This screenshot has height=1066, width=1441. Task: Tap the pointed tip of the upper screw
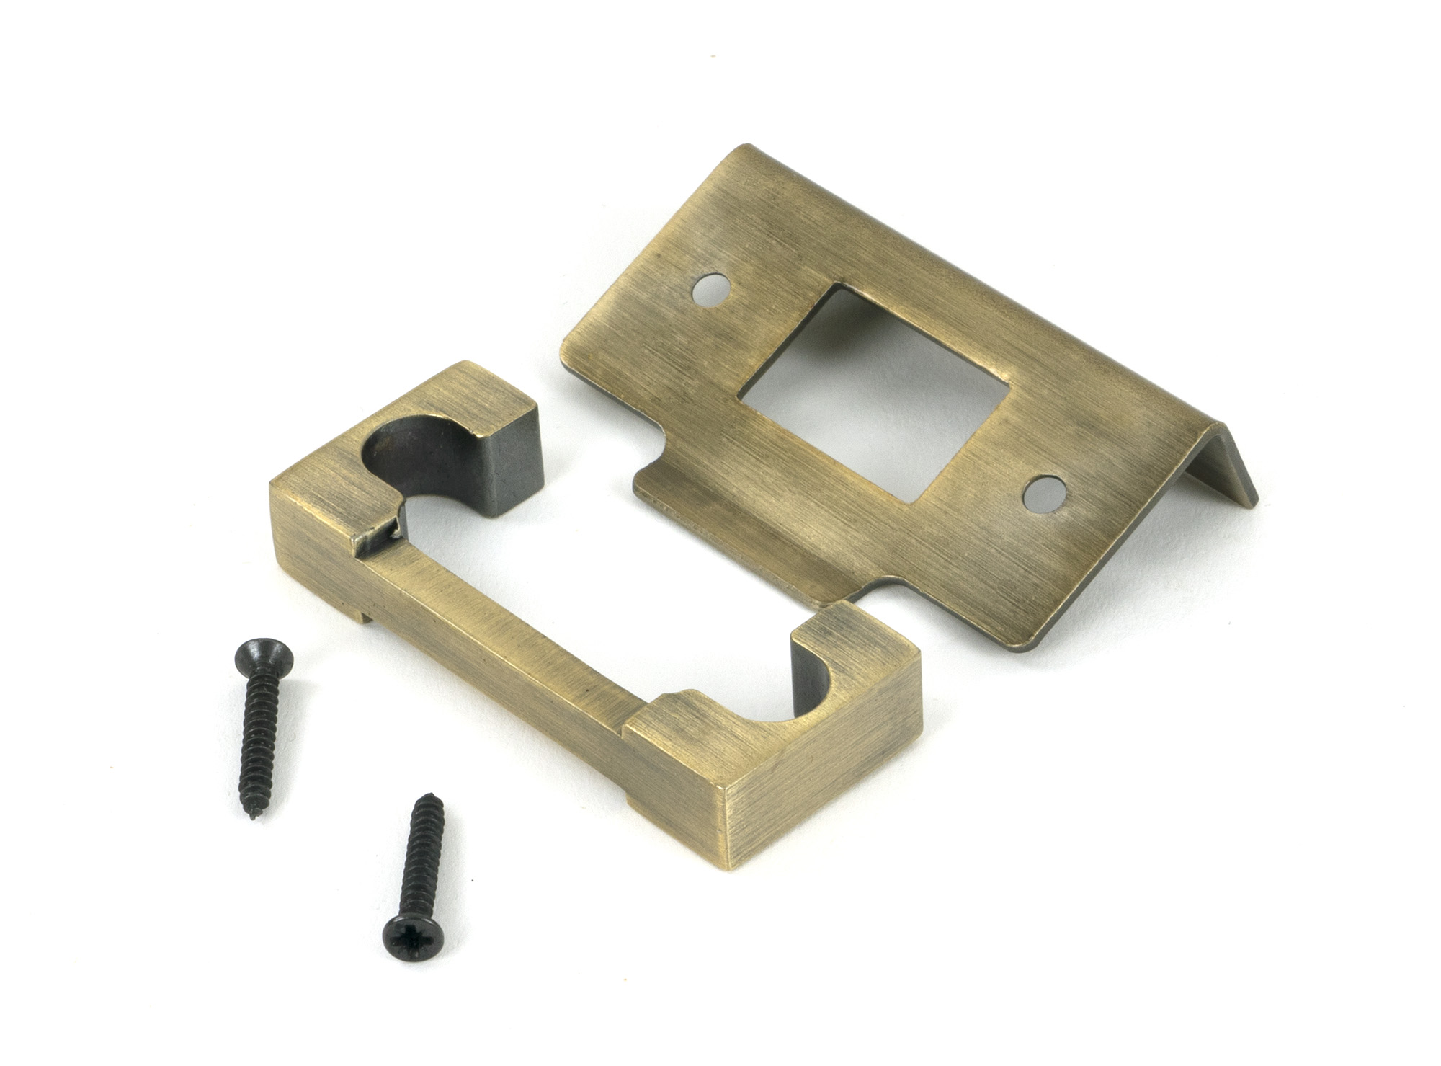point(256,818)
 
